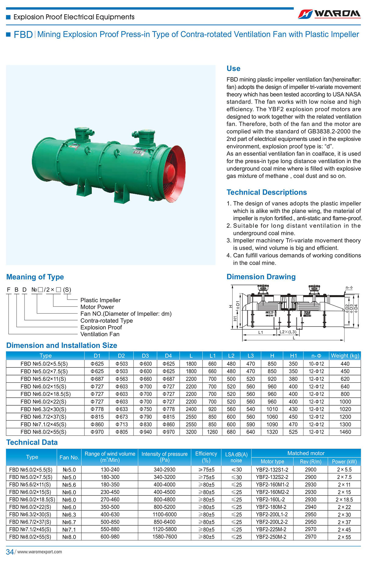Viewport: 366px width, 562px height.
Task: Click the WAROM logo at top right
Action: coord(329,13)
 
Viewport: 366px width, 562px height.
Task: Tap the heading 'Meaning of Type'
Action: coord(35,277)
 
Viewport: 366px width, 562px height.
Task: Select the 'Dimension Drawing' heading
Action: coord(261,277)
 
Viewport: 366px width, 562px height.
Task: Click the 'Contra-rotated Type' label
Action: coord(106,320)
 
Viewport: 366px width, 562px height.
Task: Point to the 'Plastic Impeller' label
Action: coord(100,300)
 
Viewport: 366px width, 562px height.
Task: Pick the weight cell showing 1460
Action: coord(345,432)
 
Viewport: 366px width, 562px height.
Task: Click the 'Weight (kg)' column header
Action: coord(345,356)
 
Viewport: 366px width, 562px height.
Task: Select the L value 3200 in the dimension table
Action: coord(191,432)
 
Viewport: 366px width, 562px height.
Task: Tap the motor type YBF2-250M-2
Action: coord(271,537)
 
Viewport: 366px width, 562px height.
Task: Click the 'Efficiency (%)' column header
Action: coord(206,457)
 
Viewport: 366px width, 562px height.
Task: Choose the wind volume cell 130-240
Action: coord(110,469)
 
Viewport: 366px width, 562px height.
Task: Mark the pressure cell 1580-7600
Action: coord(164,537)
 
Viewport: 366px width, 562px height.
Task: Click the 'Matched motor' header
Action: coord(306,453)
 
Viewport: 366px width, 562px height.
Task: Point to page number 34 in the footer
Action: coord(10,552)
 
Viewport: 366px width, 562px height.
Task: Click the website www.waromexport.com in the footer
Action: coord(40,552)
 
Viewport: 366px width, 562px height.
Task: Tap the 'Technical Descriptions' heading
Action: coord(267,192)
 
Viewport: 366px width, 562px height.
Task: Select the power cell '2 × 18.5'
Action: coord(344,500)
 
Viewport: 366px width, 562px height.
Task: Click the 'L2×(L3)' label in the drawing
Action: coord(288,332)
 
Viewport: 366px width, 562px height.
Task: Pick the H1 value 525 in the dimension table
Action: coord(293,432)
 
